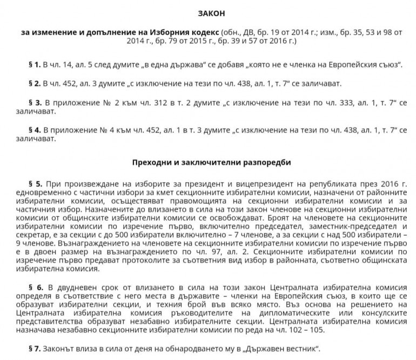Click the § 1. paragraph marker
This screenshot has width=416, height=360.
[x=33, y=65]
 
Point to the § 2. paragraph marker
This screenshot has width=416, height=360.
[x=33, y=84]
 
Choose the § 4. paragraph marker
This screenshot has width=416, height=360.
[x=33, y=130]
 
